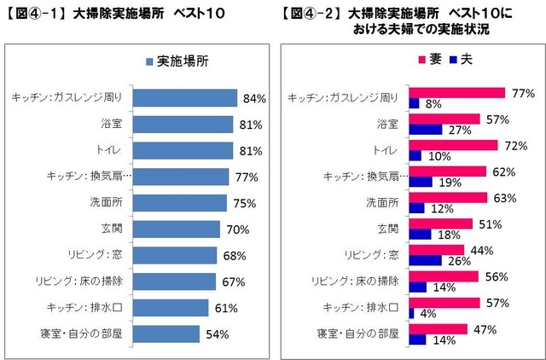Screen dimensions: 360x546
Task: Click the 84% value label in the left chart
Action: [253, 99]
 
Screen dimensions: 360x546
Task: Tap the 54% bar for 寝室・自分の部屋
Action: [167, 334]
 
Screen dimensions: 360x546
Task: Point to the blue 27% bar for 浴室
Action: [426, 130]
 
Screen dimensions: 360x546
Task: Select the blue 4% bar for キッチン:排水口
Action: [412, 314]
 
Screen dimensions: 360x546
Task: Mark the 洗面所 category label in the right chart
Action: [382, 203]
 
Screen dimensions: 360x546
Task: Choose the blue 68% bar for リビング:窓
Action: [177, 255]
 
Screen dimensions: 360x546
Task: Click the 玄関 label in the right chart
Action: [388, 229]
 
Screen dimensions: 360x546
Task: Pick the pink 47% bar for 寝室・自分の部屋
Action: [439, 328]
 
